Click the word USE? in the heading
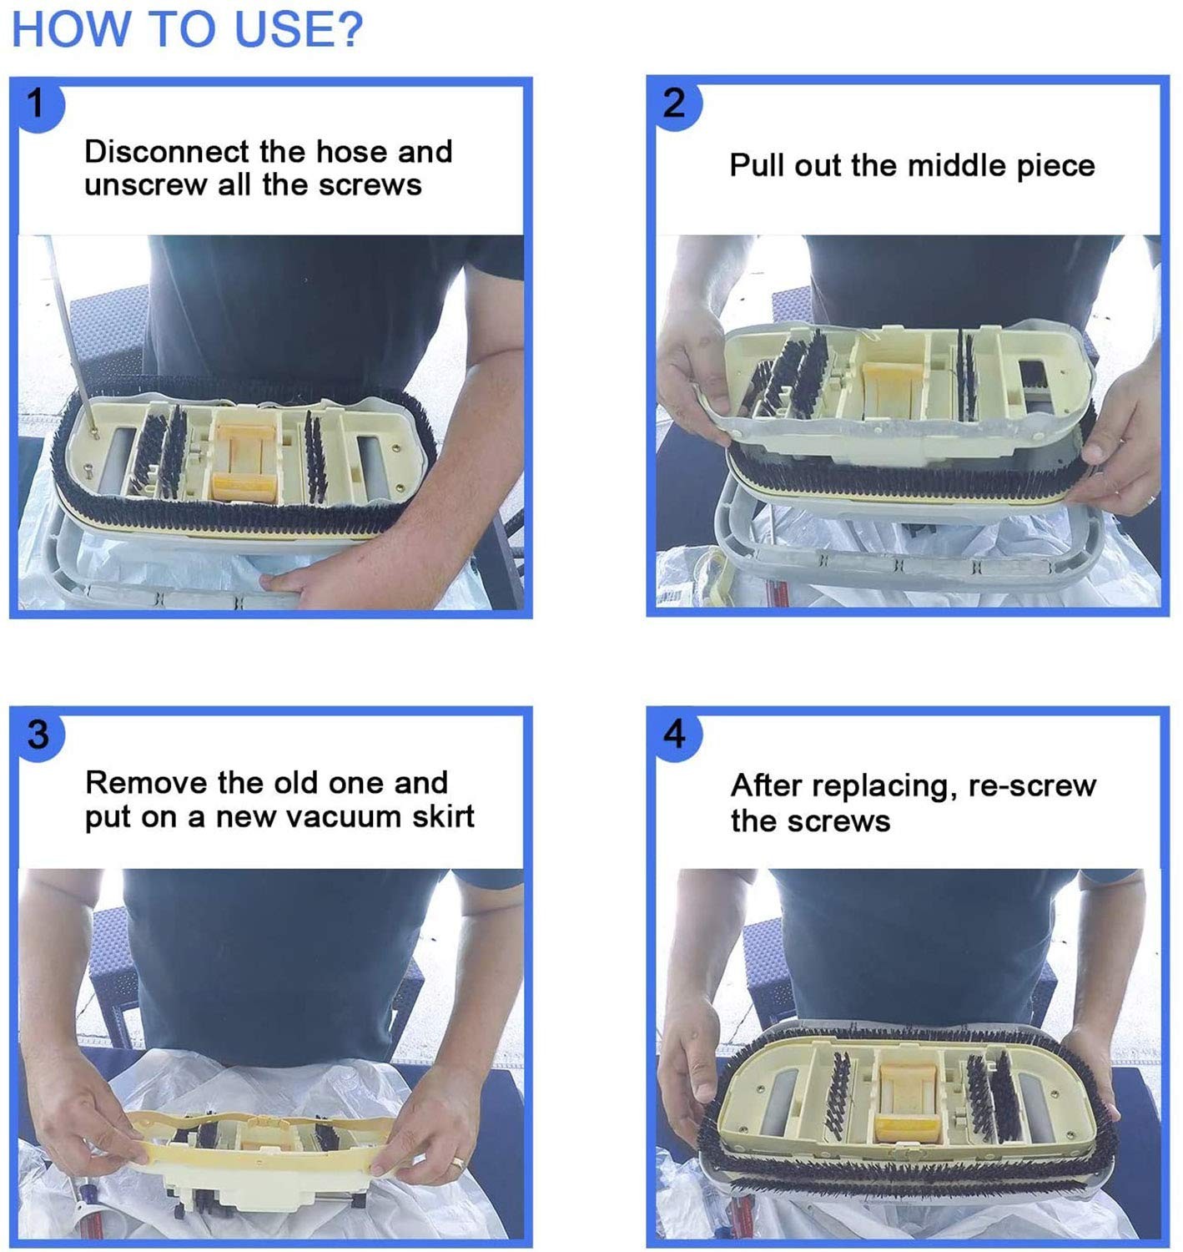(x=299, y=29)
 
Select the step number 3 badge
(x=38, y=735)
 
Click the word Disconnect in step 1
(x=167, y=152)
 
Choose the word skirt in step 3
(x=443, y=816)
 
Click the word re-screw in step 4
(x=1032, y=786)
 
